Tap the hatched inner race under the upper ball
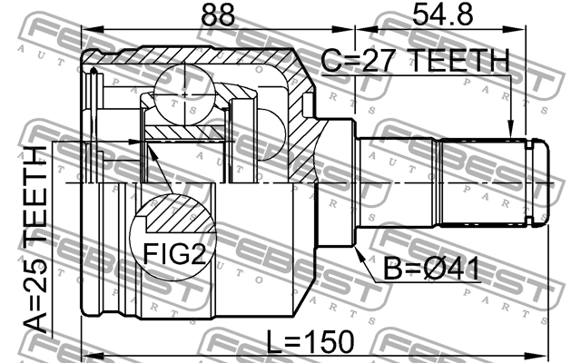(182, 132)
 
